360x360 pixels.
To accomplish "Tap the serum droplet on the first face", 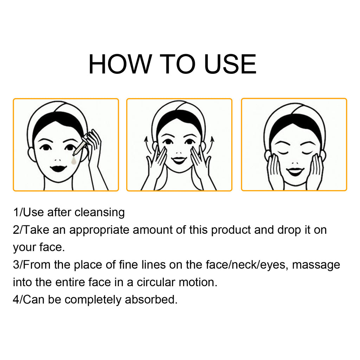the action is (73, 161).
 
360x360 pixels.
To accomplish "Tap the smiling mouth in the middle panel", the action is (179, 160).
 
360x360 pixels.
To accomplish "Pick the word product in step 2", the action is (231, 230).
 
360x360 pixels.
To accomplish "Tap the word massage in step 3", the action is (316, 265).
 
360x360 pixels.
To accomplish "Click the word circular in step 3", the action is (156, 282).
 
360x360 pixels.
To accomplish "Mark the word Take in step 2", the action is (36, 230).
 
